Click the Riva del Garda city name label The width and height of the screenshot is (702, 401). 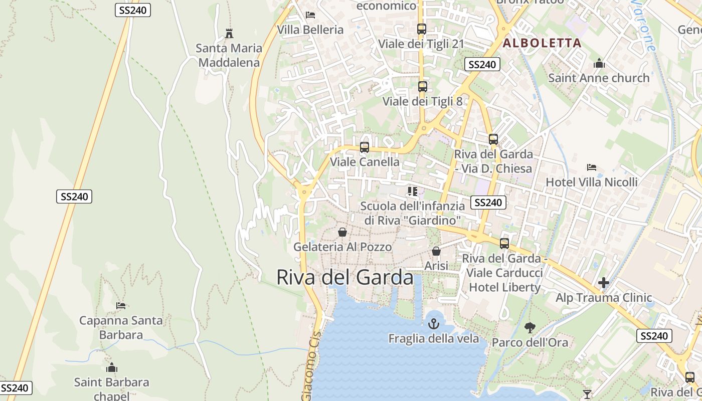point(345,277)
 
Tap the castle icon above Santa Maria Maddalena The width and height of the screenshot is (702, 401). point(229,34)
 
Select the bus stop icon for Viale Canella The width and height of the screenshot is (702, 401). point(365,147)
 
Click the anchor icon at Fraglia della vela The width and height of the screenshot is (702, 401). point(433,324)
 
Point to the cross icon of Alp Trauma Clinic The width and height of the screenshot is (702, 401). point(604,283)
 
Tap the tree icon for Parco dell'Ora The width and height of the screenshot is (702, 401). point(530,328)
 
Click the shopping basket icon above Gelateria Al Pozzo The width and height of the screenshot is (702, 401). point(342,232)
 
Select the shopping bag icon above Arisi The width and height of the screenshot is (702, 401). point(436,251)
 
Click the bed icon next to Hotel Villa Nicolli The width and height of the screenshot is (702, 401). point(592,167)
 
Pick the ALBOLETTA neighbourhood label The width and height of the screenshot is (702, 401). point(542,43)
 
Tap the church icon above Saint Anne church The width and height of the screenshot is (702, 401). point(599,64)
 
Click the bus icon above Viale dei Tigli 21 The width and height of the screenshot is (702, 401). point(422,29)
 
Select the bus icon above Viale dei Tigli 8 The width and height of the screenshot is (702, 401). point(423,86)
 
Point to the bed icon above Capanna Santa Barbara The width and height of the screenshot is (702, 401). point(121,305)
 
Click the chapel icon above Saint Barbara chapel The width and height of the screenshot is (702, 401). point(112,367)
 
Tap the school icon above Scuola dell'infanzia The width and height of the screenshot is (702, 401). point(412,191)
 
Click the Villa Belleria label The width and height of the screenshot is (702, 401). point(310,30)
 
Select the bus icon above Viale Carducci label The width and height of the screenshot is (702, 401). point(504,244)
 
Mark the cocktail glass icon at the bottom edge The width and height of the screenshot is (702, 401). point(587,394)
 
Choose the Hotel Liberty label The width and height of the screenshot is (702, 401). point(504,287)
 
